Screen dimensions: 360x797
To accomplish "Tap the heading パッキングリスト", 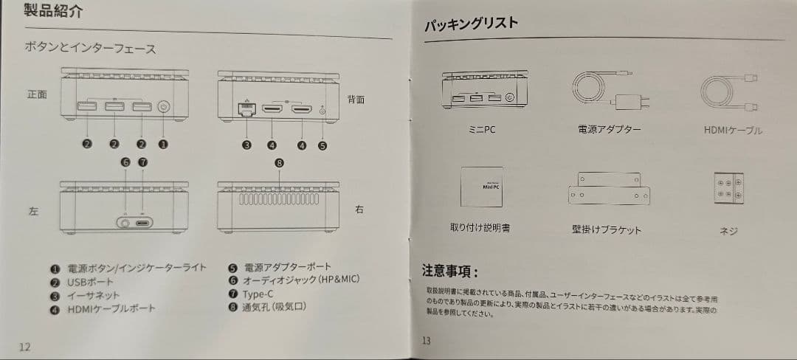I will (x=471, y=24).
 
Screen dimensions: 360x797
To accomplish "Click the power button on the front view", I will (x=163, y=107).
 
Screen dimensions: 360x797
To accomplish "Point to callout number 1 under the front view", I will (x=163, y=145).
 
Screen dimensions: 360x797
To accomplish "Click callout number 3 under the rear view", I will (x=247, y=145).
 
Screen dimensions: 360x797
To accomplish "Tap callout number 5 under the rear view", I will (x=322, y=145).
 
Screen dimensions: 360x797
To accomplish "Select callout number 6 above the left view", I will (x=125, y=162).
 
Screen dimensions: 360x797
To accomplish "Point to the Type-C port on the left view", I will (x=142, y=221).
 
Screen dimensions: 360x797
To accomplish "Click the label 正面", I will (x=37, y=94).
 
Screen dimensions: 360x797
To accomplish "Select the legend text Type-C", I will (x=258, y=294).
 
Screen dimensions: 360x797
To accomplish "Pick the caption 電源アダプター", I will (x=608, y=130).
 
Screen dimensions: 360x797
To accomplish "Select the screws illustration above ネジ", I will (x=728, y=189).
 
